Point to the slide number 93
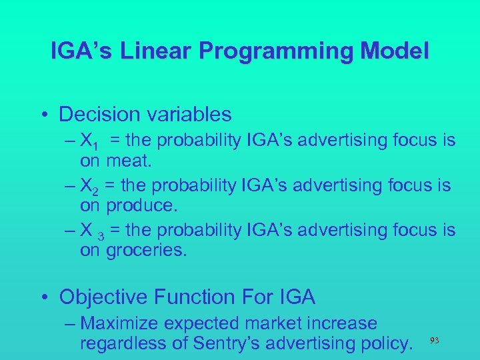(435, 341)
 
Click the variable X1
(89, 141)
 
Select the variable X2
(89, 186)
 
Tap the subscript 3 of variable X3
(99, 233)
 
